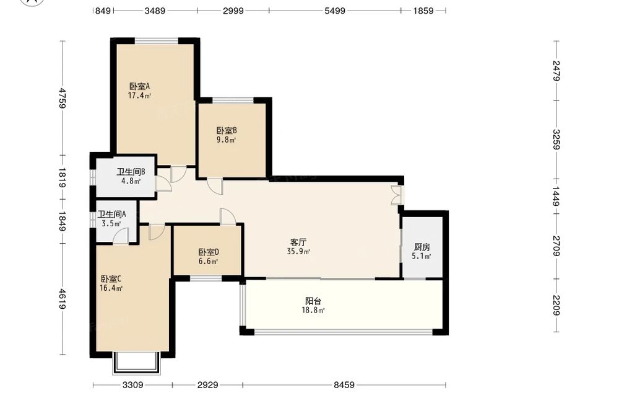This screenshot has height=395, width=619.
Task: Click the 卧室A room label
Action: pos(140,86)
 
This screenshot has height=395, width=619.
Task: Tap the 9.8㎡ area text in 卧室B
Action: pos(226,140)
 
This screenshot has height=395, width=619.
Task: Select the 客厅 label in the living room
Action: pos(298,242)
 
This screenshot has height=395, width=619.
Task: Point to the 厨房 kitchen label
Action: pos(422,247)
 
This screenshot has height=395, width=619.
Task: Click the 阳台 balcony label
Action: pos(313,301)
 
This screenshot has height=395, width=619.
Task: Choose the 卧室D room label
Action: pos(209,252)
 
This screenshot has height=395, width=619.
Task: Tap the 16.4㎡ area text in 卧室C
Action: pos(111,288)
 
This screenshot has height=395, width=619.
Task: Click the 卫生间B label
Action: pos(131,172)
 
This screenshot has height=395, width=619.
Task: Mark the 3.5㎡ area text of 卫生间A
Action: pos(111,223)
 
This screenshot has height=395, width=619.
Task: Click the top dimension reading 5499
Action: pos(335,11)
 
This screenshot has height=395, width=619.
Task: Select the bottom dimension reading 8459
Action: pos(344,384)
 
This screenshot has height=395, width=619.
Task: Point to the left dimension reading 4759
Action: pos(63,97)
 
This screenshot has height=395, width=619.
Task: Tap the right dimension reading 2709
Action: pos(556,246)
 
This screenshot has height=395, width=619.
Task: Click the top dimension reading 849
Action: pos(103,11)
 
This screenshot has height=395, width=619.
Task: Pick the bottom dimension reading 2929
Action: pos(207,384)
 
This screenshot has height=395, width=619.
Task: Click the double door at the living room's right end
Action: pos(396,195)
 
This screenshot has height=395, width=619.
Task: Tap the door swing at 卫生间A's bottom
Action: pos(121,236)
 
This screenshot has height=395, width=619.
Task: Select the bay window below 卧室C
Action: pos(137,363)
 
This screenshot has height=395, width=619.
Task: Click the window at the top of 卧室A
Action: pos(157,40)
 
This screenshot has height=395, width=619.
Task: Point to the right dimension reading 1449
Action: pos(556,197)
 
